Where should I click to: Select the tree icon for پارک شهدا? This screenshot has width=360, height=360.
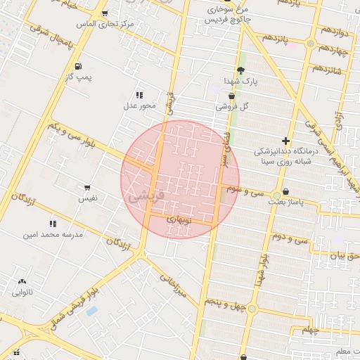tap(241, 70)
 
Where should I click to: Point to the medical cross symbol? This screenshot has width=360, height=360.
tap(285, 141)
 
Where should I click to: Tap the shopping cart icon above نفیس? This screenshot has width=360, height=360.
tap(87, 188)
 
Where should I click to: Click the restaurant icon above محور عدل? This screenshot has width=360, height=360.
tap(139, 94)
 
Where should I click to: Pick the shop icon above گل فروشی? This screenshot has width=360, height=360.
tap(232, 96)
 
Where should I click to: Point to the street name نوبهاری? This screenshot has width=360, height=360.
tap(179, 219)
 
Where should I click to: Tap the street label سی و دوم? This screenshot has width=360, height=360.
tap(292, 238)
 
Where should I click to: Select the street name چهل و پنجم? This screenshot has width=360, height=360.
tap(224, 301)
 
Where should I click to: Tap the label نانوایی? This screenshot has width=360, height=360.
tap(22, 290)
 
